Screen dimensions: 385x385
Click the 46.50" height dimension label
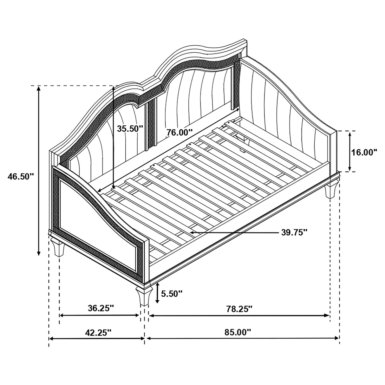click(x=21, y=176)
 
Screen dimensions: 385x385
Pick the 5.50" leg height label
click(x=172, y=293)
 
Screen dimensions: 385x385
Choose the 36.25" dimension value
click(x=100, y=308)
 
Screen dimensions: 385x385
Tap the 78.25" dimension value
click(x=239, y=309)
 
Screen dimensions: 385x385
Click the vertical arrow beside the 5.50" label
click(x=157, y=293)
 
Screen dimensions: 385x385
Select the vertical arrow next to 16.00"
click(x=350, y=152)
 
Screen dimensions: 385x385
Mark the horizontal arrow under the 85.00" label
click(x=243, y=338)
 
